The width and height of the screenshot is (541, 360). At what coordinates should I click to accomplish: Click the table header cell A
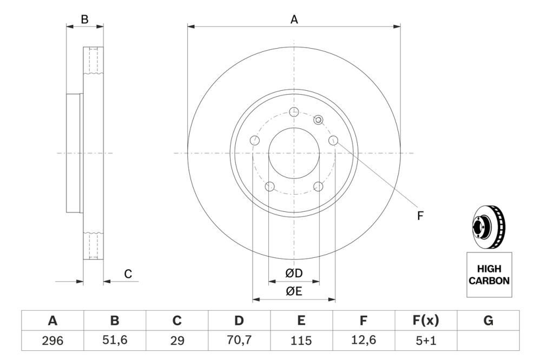(x=52, y=321)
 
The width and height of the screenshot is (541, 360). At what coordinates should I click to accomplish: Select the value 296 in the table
(x=52, y=341)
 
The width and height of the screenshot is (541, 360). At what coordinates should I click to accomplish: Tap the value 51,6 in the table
(x=115, y=341)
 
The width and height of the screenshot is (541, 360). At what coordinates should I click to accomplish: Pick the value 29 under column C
(x=177, y=341)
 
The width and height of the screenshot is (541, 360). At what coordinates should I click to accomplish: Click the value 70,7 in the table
(x=239, y=341)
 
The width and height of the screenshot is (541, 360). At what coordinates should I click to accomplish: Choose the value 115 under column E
(x=301, y=341)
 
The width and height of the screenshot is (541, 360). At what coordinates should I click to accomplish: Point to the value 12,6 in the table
(x=364, y=341)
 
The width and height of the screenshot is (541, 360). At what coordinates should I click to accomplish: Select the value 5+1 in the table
(x=426, y=341)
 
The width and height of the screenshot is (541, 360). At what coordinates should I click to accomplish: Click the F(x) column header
(x=426, y=321)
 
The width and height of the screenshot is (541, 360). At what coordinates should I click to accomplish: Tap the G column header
(x=488, y=321)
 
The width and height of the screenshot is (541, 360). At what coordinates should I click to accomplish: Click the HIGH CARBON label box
(x=489, y=275)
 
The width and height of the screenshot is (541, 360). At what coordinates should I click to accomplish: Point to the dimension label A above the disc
(x=294, y=19)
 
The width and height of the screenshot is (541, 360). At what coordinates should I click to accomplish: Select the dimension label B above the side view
(x=84, y=19)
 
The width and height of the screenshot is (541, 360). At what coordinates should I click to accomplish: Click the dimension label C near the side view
(x=128, y=274)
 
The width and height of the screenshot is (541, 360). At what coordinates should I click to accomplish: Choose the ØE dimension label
(x=294, y=291)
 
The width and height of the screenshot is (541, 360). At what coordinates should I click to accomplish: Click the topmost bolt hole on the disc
(x=294, y=112)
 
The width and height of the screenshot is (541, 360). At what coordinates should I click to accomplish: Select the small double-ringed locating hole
(x=318, y=119)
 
